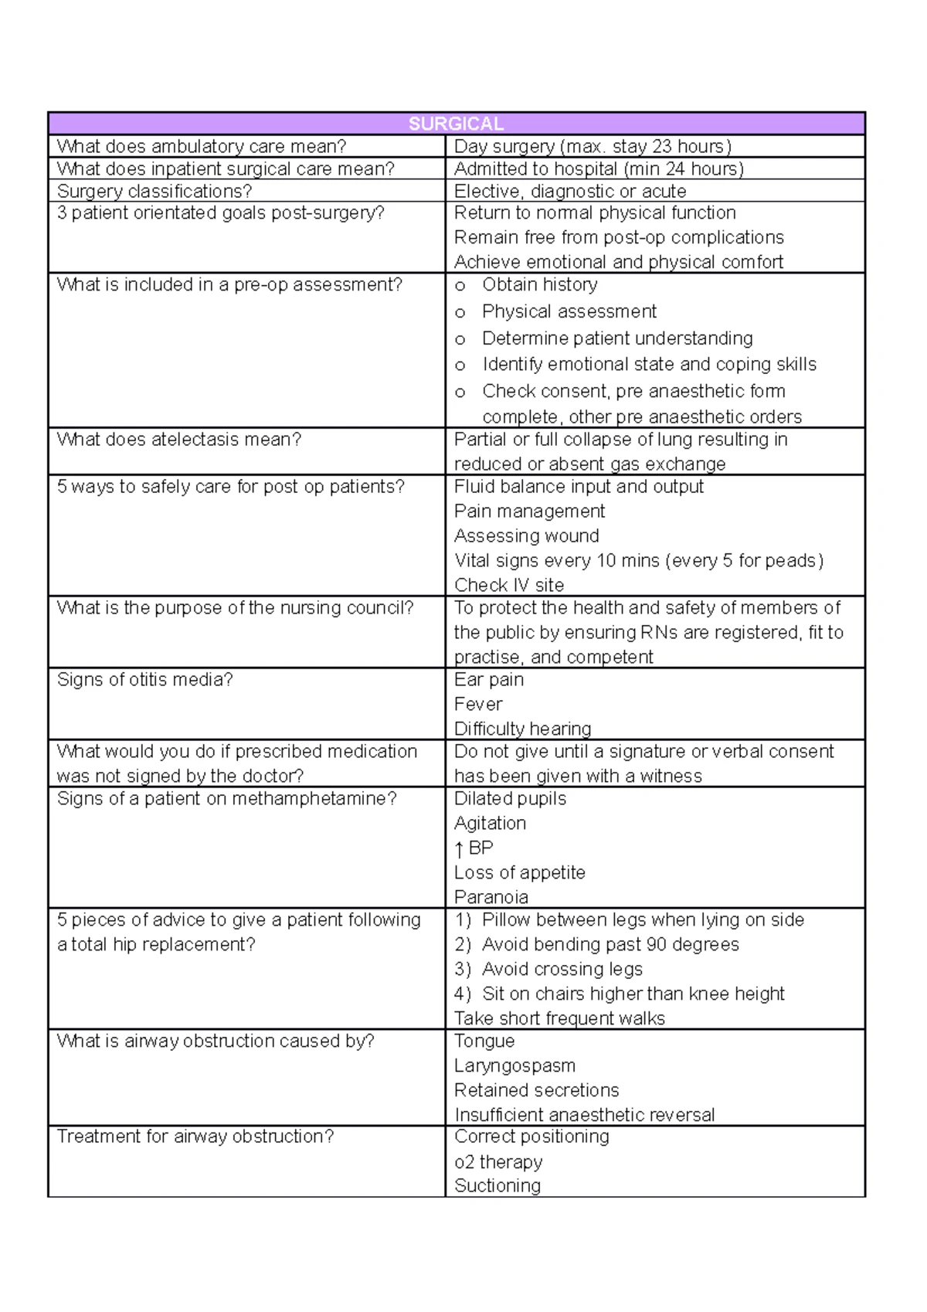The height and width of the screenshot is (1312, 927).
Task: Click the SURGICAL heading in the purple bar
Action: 456,124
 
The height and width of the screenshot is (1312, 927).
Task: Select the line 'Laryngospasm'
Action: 514,1066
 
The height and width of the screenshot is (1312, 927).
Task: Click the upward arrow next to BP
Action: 460,849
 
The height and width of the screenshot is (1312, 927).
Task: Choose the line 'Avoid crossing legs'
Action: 562,969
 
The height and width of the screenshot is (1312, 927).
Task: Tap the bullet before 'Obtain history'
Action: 460,287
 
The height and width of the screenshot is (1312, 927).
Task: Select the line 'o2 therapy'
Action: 498,1162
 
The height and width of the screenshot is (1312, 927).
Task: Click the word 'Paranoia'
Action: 491,897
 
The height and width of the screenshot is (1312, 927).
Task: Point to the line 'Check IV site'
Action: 509,585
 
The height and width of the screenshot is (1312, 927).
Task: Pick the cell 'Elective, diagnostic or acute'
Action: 570,191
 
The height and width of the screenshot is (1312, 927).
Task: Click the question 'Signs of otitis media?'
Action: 144,679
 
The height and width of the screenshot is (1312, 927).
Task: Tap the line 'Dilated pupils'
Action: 510,798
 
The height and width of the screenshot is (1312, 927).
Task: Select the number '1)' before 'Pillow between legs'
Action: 463,919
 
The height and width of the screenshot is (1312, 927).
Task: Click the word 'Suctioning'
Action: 497,1185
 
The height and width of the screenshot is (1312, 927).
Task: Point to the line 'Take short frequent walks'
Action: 559,1018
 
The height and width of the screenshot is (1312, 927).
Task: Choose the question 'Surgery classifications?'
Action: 154,191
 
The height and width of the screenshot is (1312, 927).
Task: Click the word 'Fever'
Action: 478,704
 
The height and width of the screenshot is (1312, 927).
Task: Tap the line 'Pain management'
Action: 529,511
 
